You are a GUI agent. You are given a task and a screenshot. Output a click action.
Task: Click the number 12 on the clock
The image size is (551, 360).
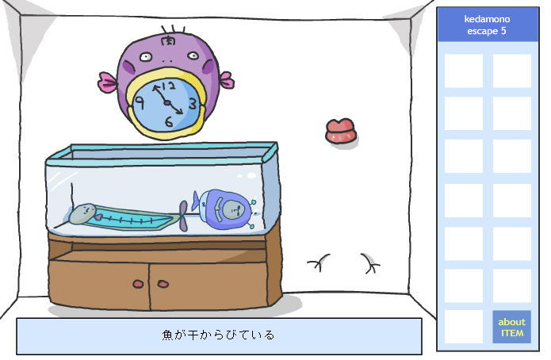[168, 86]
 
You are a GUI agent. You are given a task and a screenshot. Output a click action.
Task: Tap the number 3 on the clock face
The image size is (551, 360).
[192, 101]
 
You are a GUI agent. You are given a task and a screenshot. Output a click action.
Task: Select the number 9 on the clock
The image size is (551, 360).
[140, 102]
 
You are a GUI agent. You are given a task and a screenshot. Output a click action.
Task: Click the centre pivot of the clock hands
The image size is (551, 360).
[166, 102]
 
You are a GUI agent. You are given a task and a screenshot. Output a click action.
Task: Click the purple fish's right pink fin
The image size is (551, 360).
[225, 80]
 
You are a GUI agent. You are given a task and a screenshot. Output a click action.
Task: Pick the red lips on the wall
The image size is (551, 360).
[340, 132]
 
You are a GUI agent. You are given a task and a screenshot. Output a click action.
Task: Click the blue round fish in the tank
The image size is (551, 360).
[226, 209]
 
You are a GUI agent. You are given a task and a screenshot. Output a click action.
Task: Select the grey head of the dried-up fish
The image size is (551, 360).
[82, 213]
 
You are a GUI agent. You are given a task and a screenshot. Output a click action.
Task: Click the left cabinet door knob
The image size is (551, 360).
[139, 283]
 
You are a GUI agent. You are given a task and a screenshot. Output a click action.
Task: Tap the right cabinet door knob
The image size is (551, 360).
[162, 283]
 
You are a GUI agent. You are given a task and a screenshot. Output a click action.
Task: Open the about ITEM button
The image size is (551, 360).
[511, 327]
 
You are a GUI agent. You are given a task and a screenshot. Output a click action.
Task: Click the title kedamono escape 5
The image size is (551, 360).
[487, 25]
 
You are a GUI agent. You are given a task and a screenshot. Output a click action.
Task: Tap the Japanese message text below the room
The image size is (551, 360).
[218, 335]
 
